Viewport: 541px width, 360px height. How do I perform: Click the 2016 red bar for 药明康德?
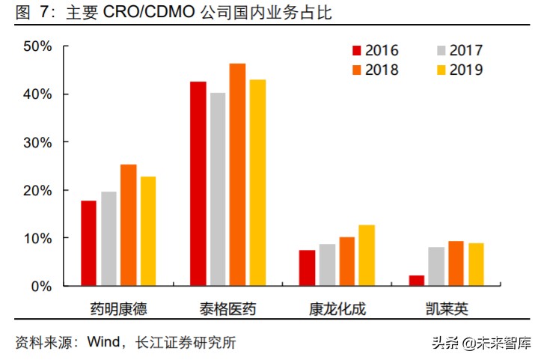point(88,243)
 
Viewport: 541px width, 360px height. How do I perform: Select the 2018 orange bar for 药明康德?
point(128,225)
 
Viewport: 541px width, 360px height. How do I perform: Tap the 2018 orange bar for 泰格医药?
point(237,174)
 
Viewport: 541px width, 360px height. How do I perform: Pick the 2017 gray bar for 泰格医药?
point(218,189)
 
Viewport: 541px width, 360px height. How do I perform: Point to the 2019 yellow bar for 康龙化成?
point(367,255)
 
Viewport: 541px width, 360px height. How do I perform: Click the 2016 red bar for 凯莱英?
point(417,281)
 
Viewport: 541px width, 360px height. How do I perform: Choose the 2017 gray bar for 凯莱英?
point(436,266)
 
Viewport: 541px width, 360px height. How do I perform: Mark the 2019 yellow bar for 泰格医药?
point(257,183)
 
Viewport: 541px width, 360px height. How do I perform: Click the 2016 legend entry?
point(375,51)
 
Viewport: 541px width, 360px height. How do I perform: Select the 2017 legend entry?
point(459,51)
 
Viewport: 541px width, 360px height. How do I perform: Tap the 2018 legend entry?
point(375,70)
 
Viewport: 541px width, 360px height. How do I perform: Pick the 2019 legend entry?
point(459,70)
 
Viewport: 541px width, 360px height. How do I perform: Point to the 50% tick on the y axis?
point(37,46)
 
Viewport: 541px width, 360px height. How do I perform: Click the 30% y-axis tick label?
point(37,142)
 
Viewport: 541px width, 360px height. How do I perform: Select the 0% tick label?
point(41,286)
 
